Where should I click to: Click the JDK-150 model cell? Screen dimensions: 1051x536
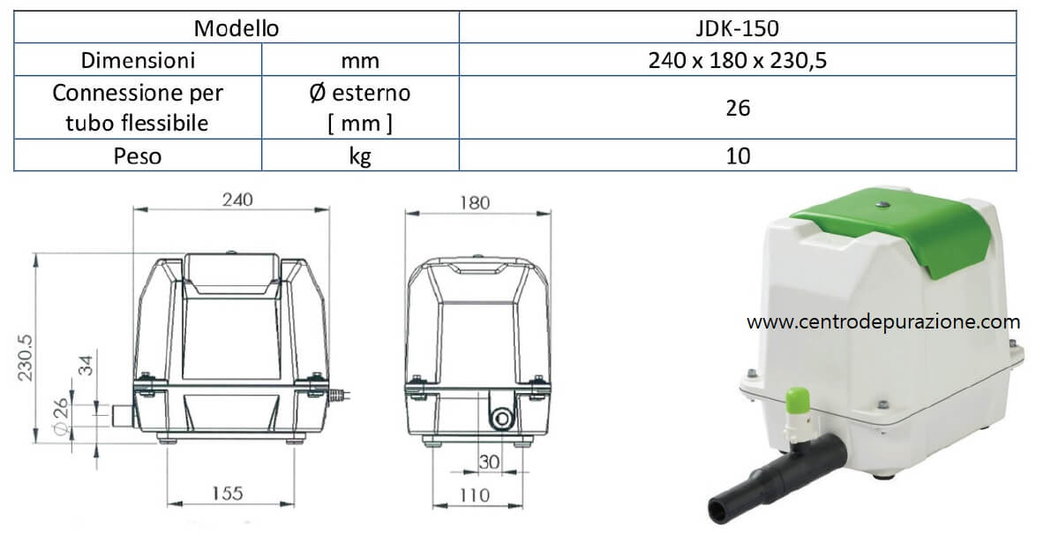(738, 28)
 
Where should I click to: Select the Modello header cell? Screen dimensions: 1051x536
(236, 28)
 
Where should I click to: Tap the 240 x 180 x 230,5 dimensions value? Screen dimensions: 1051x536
(738, 60)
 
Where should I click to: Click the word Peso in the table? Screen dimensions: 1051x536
(138, 155)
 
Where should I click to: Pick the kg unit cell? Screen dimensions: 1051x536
(360, 155)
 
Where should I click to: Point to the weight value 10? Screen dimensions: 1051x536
(738, 155)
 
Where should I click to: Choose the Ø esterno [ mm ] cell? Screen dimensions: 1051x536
(360, 108)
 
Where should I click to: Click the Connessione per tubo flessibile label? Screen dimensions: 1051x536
(138, 108)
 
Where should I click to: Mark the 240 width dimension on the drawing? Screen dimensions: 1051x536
(237, 200)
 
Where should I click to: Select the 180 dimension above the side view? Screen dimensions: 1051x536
(476, 202)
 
